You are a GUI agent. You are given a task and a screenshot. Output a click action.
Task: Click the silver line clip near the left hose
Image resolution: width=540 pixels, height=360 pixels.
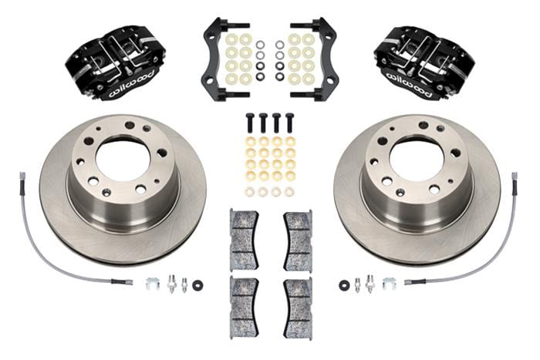(153, 283)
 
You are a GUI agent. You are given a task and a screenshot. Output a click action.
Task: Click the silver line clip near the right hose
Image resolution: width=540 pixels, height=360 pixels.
(388, 283)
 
